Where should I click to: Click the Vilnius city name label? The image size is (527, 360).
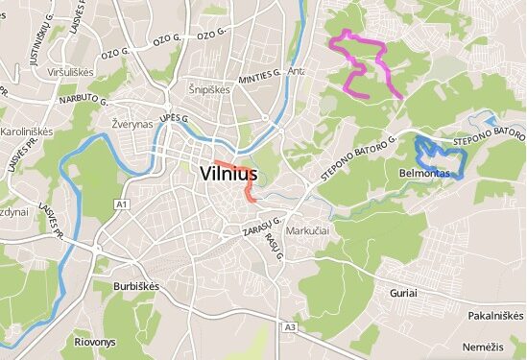click(x=229, y=175)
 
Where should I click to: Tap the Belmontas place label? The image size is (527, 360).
click(x=420, y=174)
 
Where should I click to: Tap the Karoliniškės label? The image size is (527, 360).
click(x=26, y=131)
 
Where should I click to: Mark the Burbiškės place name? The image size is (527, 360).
click(x=133, y=286)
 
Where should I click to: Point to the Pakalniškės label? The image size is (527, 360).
click(x=496, y=315)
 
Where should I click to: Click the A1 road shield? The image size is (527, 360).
click(x=121, y=204)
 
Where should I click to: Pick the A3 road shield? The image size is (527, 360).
click(x=290, y=328)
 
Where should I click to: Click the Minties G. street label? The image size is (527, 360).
click(x=257, y=73)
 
